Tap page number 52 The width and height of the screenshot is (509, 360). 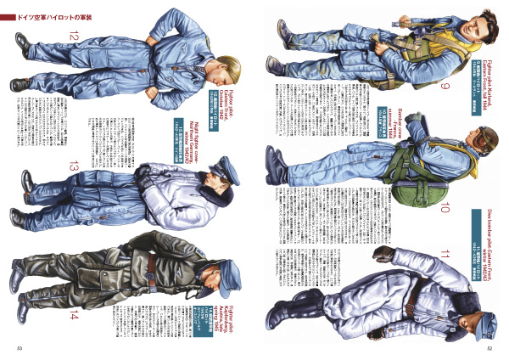[x=489, y=346]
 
